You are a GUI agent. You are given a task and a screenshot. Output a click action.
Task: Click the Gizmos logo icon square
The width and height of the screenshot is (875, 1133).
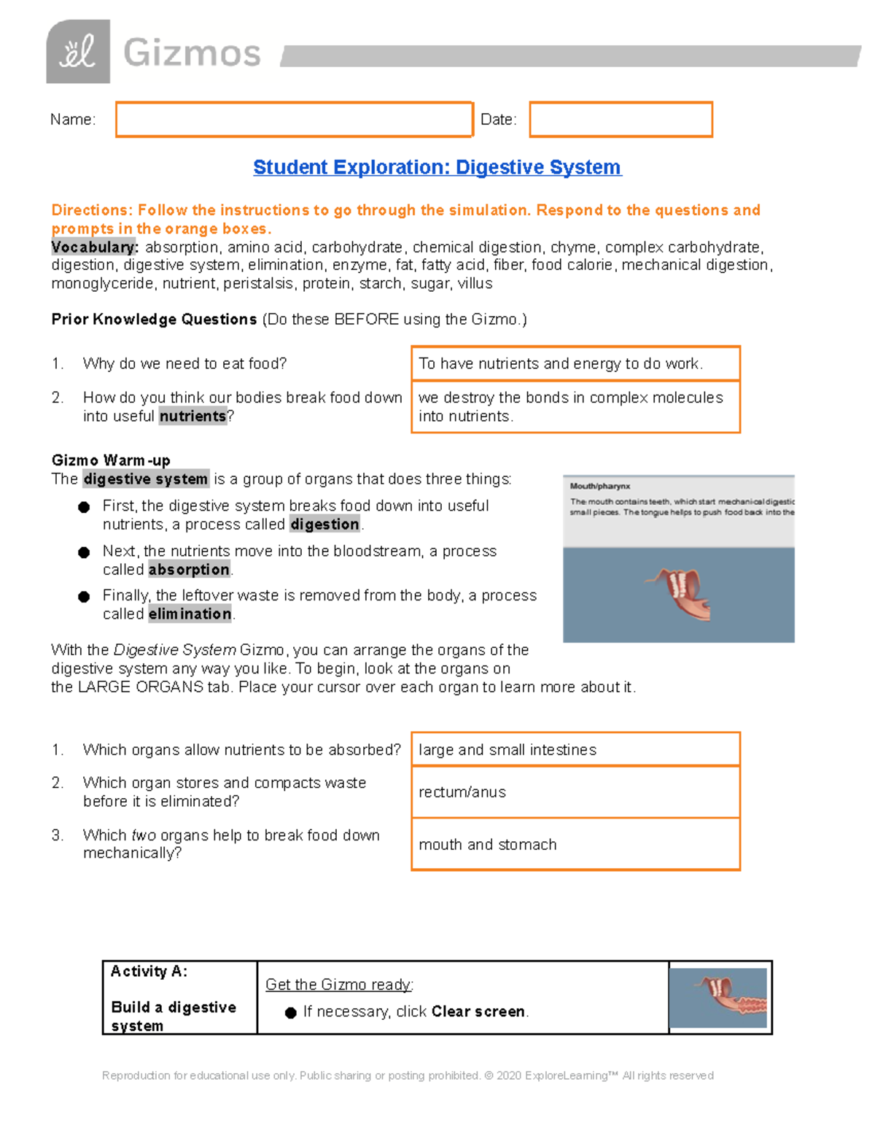78,52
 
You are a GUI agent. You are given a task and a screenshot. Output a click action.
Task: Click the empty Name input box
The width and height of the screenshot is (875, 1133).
294,120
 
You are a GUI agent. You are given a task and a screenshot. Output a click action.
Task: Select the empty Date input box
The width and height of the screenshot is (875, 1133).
621,120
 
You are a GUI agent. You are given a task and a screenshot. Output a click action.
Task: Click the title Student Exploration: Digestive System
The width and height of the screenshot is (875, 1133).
437,167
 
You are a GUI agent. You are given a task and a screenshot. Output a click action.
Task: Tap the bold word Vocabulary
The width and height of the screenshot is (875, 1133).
94,247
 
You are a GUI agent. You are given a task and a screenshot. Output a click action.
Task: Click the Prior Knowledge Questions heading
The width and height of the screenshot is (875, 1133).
154,320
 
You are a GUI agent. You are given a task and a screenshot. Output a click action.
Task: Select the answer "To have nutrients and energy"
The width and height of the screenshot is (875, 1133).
560,363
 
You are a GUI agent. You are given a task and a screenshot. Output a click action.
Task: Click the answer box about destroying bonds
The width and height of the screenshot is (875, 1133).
575,406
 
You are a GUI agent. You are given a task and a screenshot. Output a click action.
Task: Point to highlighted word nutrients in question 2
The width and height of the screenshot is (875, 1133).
192,416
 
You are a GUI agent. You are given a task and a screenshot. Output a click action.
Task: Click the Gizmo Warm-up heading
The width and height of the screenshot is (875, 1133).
111,460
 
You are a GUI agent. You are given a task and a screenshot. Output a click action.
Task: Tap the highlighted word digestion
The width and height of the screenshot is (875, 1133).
324,524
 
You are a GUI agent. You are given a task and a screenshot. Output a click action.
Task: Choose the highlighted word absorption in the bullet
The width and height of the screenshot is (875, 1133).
189,569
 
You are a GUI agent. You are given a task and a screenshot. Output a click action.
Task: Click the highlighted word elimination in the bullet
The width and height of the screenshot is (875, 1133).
190,614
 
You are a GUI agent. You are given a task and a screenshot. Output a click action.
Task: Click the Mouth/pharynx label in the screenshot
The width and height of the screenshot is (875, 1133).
600,486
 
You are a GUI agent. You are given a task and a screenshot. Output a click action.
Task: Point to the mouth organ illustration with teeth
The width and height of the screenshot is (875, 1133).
678,592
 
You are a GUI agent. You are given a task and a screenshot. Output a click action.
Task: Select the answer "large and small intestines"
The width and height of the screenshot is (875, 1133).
507,750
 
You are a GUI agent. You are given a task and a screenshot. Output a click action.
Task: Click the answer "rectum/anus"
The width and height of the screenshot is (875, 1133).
462,792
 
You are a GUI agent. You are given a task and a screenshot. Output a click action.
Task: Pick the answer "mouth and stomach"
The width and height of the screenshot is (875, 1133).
488,845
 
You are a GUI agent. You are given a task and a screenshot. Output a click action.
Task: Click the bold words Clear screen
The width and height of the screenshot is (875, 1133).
478,1011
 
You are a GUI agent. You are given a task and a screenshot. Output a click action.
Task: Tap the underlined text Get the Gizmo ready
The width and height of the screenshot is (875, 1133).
339,985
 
